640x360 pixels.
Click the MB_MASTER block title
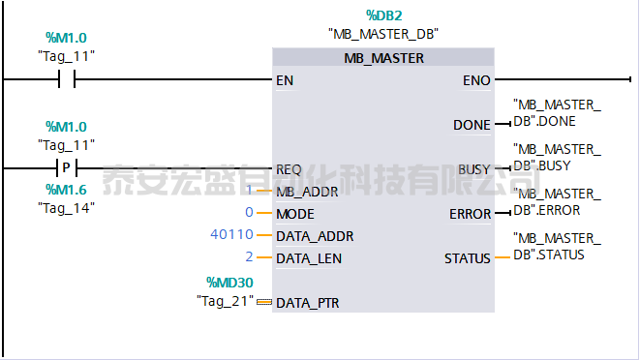point(383,58)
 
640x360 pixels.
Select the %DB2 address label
point(383,15)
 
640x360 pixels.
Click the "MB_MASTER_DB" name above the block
point(383,34)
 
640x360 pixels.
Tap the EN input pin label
point(285,80)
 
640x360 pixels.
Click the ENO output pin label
point(476,80)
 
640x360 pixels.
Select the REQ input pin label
point(289,169)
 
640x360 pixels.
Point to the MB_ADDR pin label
point(307,192)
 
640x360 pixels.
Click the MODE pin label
point(295,213)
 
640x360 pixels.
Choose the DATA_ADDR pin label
point(315,236)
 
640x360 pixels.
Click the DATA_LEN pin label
point(309,258)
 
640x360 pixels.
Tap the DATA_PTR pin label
point(308,303)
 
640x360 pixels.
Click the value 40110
point(230,235)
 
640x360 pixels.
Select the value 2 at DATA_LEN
point(249,257)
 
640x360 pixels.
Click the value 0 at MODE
point(249,212)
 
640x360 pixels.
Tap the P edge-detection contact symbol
point(67,167)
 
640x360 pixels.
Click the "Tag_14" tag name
point(66,207)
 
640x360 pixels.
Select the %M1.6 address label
point(66,190)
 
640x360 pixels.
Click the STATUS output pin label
point(468,258)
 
